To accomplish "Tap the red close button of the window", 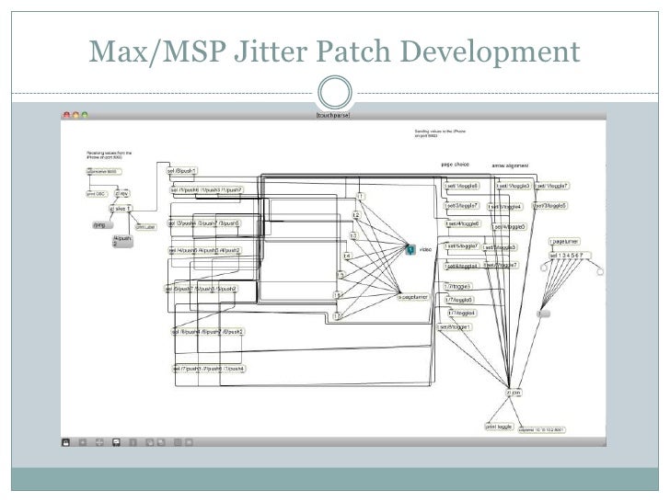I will (x=65, y=114).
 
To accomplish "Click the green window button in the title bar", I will (x=85, y=114).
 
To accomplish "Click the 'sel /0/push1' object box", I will (x=182, y=171).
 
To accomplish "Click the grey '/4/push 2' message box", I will (x=122, y=241).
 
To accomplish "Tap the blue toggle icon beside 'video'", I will (x=410, y=248).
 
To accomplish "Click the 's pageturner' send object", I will (x=414, y=297).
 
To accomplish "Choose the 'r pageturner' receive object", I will (x=568, y=241).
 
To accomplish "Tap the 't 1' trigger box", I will (x=362, y=197).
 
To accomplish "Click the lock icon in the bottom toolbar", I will (x=66, y=443).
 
